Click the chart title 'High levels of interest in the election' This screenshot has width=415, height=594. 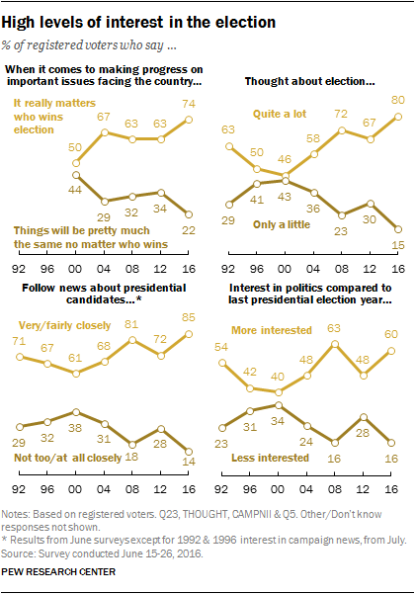[138, 23]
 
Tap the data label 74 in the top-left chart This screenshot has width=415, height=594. [189, 104]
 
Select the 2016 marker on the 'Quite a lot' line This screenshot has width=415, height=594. [398, 117]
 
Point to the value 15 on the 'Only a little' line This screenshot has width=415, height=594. [398, 245]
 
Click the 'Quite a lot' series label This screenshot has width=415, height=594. [280, 114]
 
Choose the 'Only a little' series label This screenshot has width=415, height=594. [282, 224]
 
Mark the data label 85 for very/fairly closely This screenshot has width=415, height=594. [189, 317]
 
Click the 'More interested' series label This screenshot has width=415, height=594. [272, 330]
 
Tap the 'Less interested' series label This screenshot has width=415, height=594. [270, 458]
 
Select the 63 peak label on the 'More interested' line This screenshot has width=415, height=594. [334, 328]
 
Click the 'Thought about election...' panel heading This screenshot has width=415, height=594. [309, 81]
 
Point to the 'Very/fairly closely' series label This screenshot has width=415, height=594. [65, 325]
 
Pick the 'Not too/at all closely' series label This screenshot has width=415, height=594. [68, 458]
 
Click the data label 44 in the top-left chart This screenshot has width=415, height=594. [75, 190]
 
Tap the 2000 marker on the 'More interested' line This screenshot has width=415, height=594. [279, 392]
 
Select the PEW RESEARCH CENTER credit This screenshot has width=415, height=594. [58, 571]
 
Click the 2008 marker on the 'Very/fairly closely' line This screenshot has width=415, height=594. [132, 340]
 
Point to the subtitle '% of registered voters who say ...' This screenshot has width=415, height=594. [89, 45]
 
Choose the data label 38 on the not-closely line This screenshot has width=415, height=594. [75, 428]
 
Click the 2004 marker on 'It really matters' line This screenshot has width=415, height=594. [104, 132]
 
